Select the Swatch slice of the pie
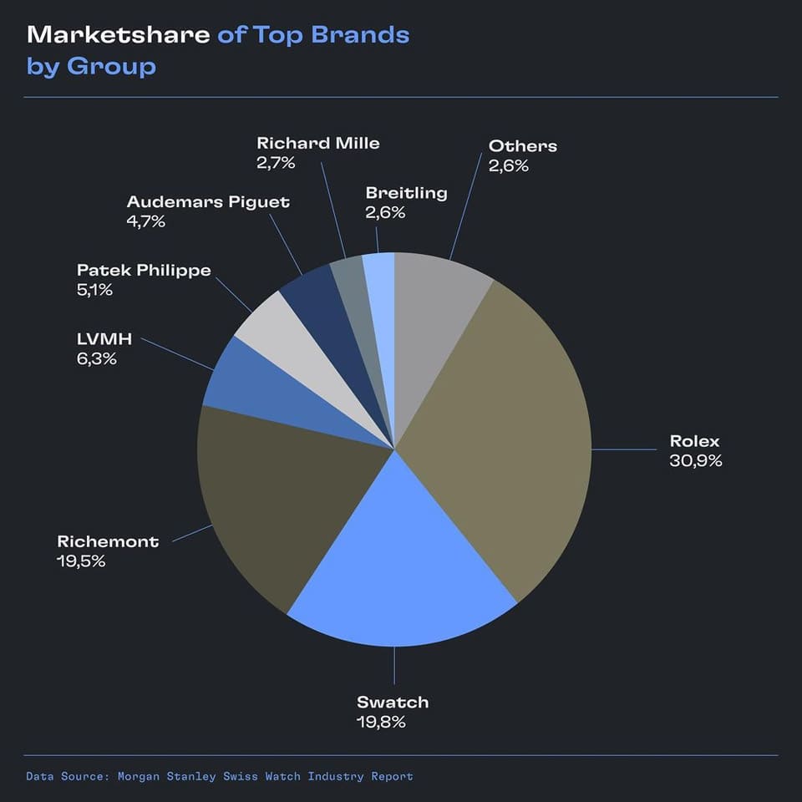pos(401,568)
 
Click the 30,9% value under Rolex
pos(695,460)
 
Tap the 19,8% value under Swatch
pos(381,722)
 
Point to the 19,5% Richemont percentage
pos(81,561)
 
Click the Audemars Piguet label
pos(208,202)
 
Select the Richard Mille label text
pos(317,143)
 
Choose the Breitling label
pos(406,193)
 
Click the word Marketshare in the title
pos(119,35)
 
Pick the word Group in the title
pos(111,66)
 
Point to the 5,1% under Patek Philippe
pos(94,290)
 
